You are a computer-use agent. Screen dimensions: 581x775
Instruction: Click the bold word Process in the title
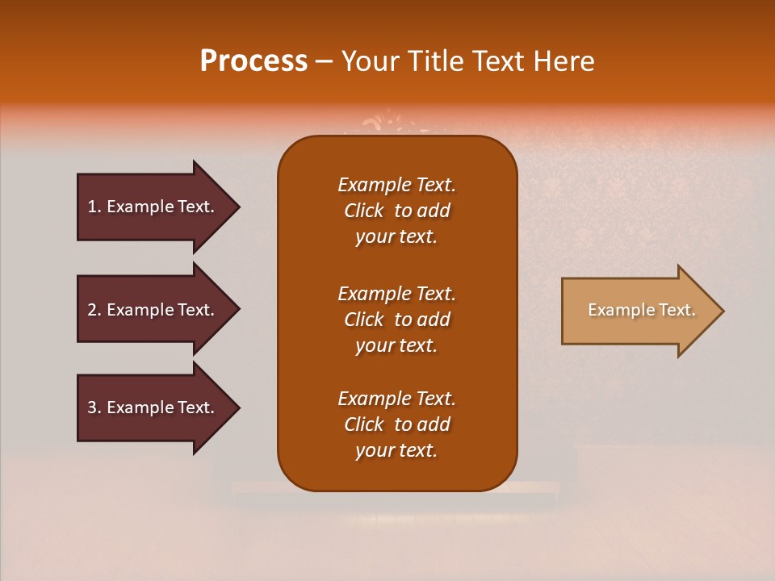[253, 61]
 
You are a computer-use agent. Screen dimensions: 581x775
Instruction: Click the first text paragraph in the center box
[396, 211]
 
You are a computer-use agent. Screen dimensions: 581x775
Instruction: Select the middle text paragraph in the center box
[396, 320]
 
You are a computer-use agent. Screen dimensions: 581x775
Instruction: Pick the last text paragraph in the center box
[396, 424]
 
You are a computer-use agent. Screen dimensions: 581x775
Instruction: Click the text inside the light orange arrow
[641, 310]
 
